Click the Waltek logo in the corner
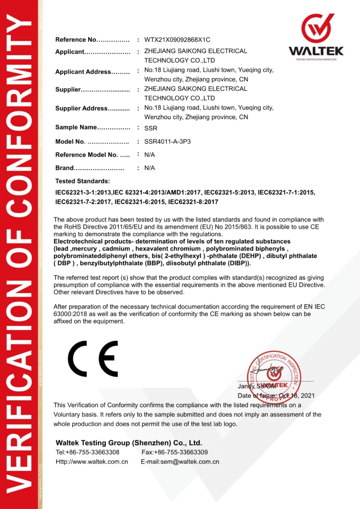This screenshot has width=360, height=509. pyautogui.click(x=316, y=37)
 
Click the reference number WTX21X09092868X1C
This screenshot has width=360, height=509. pyautogui.click(x=177, y=39)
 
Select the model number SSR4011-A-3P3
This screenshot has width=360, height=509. pyautogui.click(x=167, y=142)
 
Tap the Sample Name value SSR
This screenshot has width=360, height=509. pyautogui.click(x=150, y=128)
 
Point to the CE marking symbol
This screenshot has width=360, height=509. pyautogui.click(x=93, y=358)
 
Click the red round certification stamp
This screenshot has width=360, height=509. pyautogui.click(x=274, y=375)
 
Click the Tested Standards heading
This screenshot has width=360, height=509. pyautogui.click(x=83, y=181)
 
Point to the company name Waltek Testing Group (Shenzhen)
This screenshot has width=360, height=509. pyautogui.click(x=129, y=442)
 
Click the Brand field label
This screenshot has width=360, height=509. pyautogui.click(x=65, y=168)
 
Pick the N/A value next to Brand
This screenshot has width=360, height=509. pyautogui.click(x=150, y=168)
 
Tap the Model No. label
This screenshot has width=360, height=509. pyautogui.click(x=70, y=142)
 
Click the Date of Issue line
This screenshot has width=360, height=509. pyautogui.click(x=276, y=396)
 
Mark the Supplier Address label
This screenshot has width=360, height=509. pyautogui.click(x=82, y=108)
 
